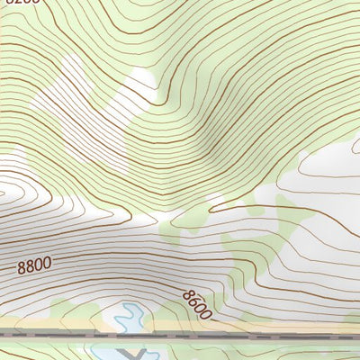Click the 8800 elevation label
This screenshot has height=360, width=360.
(33, 266)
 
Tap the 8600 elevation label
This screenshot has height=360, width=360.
(196, 305)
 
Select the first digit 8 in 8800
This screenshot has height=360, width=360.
(22, 268)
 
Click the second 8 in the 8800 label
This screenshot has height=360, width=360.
(30, 267)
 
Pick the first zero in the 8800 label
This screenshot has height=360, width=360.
(38, 265)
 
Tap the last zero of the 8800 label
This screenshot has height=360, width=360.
(46, 265)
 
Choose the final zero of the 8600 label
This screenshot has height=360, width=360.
(205, 313)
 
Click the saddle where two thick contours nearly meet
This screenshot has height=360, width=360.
(153, 219)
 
